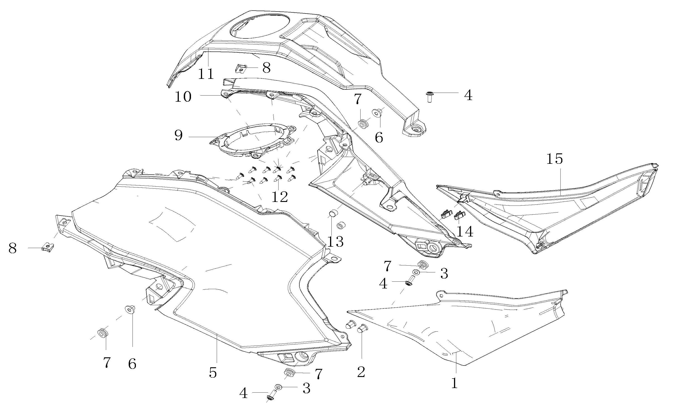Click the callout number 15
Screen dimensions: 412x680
click(554, 159)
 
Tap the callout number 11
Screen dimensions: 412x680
click(206, 74)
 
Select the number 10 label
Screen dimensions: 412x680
click(183, 97)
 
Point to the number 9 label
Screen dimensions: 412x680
click(179, 136)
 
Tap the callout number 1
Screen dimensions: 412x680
click(454, 383)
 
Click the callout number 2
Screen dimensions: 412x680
click(361, 372)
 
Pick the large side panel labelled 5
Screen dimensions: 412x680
click(221, 262)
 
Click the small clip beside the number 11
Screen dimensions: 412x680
click(241, 68)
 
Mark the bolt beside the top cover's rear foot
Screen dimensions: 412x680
click(429, 96)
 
